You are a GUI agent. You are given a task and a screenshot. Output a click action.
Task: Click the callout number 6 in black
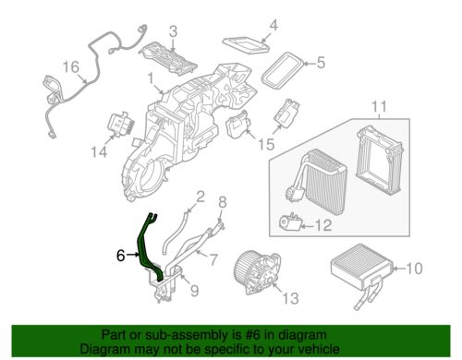pos(121,255)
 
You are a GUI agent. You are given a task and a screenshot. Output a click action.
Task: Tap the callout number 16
pos(71,66)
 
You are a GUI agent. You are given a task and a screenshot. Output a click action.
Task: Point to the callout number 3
pos(174,31)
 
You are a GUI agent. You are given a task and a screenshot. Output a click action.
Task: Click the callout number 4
pos(274,25)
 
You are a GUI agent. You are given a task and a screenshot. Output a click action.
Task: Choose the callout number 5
pos(321,63)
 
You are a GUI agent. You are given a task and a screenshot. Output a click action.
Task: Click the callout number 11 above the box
pos(379,107)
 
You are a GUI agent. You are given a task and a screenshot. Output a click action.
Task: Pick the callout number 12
pos(323,225)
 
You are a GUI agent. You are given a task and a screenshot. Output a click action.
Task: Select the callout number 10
pos(414,269)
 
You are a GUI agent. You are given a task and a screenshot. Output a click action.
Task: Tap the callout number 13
pos(290,298)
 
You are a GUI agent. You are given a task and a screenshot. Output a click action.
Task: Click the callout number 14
pos(99,152)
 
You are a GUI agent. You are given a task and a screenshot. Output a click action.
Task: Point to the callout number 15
pos(266,144)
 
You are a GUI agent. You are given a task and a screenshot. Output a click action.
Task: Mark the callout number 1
pos(151,79)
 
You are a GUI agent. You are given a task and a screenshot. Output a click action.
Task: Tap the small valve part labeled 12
pos(289,222)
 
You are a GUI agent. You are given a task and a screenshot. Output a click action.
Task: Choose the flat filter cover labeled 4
pos(246,45)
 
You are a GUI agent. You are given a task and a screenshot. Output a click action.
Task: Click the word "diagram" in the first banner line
pos(301,335)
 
